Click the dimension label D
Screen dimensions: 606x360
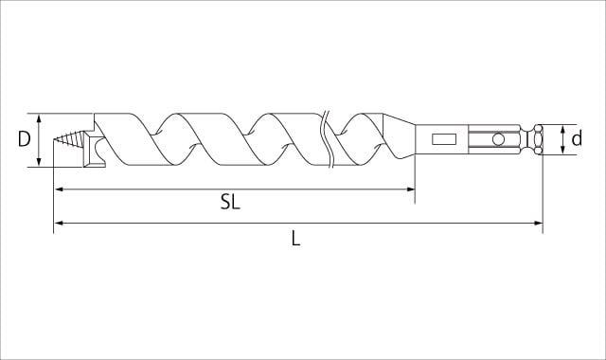pyautogui.click(x=24, y=139)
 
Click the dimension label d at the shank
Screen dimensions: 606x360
pyautogui.click(x=577, y=138)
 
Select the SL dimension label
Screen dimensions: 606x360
pyautogui.click(x=230, y=202)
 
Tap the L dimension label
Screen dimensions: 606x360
pyautogui.click(x=295, y=238)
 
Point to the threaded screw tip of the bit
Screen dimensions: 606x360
pyautogui.click(x=68, y=139)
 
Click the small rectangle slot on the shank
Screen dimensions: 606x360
pyautogui.click(x=444, y=139)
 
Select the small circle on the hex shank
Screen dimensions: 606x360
pyautogui.click(x=498, y=139)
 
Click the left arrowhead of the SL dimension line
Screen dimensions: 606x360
pyautogui.click(x=59, y=189)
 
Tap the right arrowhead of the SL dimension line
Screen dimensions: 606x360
pyautogui.click(x=410, y=189)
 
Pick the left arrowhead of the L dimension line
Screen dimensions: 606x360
pyautogui.click(x=59, y=223)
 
